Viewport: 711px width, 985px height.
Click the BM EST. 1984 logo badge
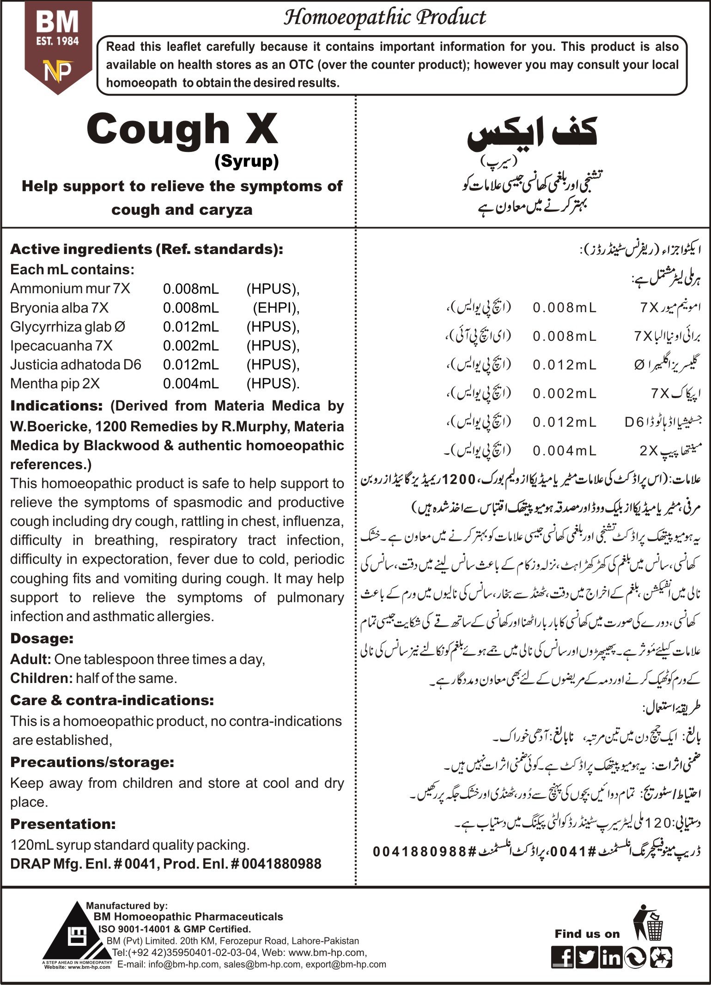(58, 46)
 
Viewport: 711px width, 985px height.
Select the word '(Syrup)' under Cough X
(247, 161)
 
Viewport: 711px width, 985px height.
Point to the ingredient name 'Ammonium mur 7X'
(70, 289)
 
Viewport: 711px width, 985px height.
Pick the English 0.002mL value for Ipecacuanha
(191, 346)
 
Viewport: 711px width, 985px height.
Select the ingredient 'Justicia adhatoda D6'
(76, 365)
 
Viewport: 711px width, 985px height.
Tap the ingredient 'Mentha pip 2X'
(55, 384)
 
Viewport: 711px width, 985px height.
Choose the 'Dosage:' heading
(42, 639)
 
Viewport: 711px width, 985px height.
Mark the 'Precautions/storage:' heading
(92, 762)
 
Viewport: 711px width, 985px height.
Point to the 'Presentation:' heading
(63, 824)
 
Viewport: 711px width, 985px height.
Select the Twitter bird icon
(587, 956)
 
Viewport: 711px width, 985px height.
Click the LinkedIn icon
(611, 956)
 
